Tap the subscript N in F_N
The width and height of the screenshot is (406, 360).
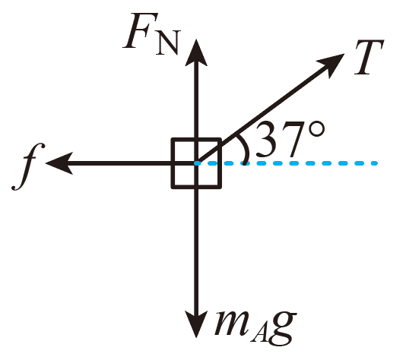point(168,43)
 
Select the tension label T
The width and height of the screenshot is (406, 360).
point(369,57)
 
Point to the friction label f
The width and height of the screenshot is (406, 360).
point(28,166)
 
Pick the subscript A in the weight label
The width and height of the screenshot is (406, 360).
point(260,334)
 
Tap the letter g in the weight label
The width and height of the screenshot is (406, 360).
point(282,328)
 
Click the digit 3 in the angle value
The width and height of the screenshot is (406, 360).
point(267,140)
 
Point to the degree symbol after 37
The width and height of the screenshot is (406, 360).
point(316,129)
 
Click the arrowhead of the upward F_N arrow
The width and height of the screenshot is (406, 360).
point(196,52)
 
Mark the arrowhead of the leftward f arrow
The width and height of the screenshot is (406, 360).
point(59,163)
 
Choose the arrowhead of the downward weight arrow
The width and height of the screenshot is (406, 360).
point(196,324)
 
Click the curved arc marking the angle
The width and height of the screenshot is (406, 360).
point(245,149)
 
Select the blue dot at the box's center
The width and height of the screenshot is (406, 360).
point(198,163)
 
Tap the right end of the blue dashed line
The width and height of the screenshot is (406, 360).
point(377,163)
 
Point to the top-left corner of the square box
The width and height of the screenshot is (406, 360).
point(173,140)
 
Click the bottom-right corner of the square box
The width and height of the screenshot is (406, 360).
point(220,187)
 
